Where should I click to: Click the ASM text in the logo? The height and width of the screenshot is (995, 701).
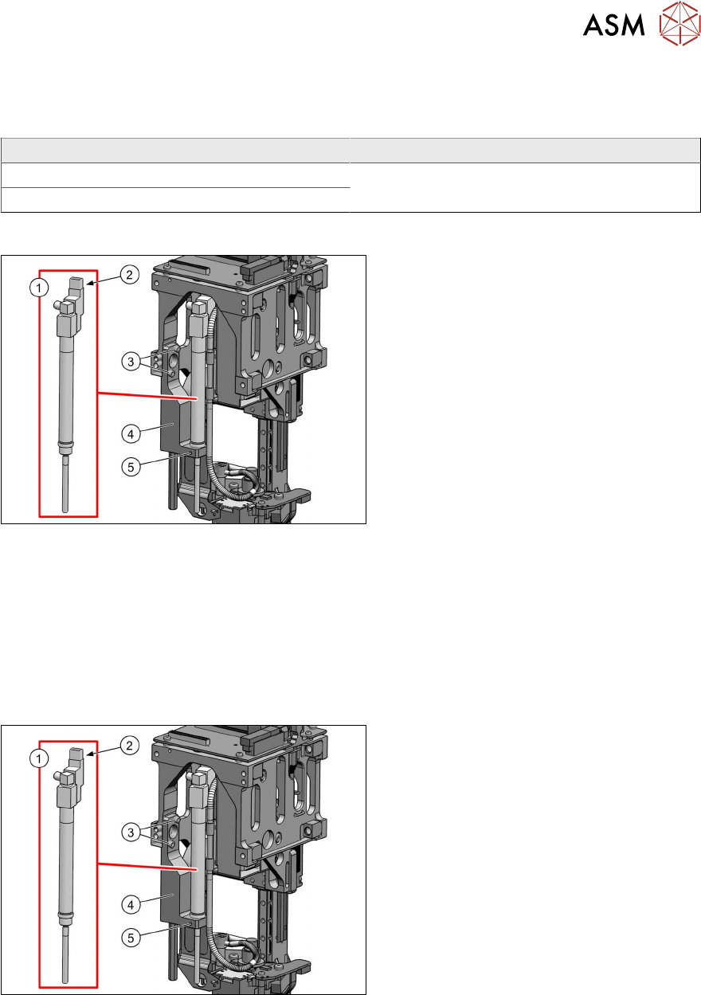[613, 25]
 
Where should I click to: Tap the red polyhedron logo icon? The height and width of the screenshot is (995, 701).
[679, 23]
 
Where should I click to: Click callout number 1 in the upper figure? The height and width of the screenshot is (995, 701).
[39, 288]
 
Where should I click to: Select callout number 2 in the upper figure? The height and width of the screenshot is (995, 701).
[129, 275]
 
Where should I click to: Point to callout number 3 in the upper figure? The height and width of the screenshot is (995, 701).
[131, 362]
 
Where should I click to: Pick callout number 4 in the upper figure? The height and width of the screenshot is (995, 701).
[131, 434]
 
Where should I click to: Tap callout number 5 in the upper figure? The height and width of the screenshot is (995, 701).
[131, 467]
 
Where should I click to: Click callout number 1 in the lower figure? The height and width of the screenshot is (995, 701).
[39, 758]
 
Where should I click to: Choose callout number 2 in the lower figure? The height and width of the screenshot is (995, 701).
[129, 745]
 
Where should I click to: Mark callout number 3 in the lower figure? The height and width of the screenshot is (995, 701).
[131, 832]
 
